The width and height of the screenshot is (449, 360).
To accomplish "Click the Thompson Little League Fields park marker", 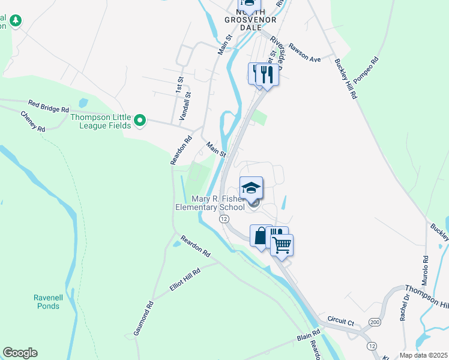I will pos(140,121).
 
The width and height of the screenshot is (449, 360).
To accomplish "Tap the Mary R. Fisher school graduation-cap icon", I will pos(251,187).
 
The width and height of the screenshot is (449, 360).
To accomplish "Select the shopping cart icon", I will pos(282,244).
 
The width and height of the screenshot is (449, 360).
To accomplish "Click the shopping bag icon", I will pos(261,236).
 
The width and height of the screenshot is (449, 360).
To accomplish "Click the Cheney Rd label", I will pos(33,121).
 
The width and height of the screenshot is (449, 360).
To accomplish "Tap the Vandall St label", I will pos(187,103).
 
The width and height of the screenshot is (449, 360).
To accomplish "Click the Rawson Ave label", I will pos(305,53).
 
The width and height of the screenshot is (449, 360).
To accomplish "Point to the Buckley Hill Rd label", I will pos(345,79).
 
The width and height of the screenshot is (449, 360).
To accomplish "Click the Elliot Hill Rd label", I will pos(185,280).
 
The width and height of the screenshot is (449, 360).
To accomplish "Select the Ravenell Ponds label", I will pos(47,302).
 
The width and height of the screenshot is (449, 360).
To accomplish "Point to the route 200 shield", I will pos(374,322).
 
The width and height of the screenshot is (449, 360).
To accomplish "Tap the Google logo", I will pos(20,353).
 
